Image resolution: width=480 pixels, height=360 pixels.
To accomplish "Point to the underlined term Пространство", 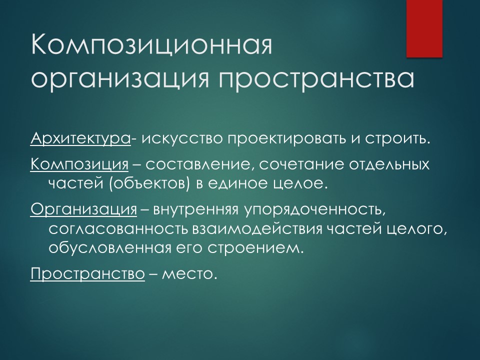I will [x=87, y=274].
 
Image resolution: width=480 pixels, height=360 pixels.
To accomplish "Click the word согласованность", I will [x=118, y=229].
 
